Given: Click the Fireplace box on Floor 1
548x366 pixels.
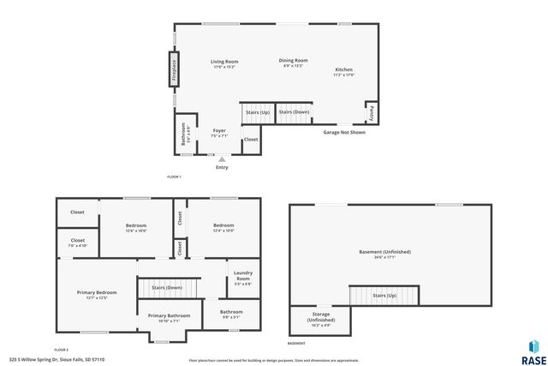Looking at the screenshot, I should click(x=173, y=69).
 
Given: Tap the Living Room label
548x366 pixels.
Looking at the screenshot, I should click(x=224, y=62).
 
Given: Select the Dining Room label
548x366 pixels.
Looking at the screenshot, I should click(x=293, y=60).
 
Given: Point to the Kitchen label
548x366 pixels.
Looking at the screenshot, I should click(x=343, y=69).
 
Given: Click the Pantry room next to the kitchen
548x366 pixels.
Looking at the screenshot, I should click(x=372, y=112).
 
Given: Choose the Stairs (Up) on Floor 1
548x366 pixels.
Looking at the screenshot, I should click(x=257, y=112).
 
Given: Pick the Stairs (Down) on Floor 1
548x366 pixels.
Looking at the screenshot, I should click(x=294, y=112).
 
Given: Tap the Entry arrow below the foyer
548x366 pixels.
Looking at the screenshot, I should click(x=222, y=159).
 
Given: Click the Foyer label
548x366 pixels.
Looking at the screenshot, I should click(x=219, y=132).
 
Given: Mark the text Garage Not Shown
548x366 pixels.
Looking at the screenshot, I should click(x=343, y=133).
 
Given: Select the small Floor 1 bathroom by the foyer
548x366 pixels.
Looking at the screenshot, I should click(x=183, y=135).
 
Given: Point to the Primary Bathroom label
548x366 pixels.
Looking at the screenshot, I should click(x=169, y=315).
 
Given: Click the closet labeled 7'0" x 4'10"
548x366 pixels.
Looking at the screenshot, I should click(x=78, y=242).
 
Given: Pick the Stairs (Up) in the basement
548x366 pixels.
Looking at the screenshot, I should click(x=384, y=295).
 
